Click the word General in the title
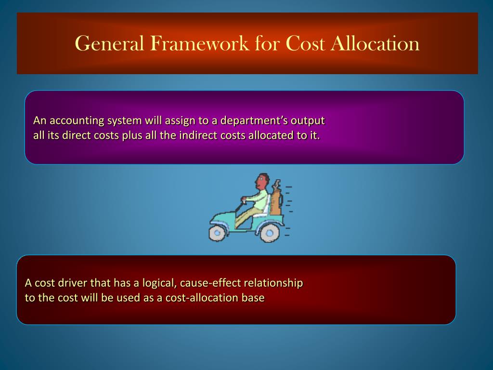point(110,44)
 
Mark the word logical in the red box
point(155,283)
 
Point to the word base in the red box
point(253,297)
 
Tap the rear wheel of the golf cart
point(270,233)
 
